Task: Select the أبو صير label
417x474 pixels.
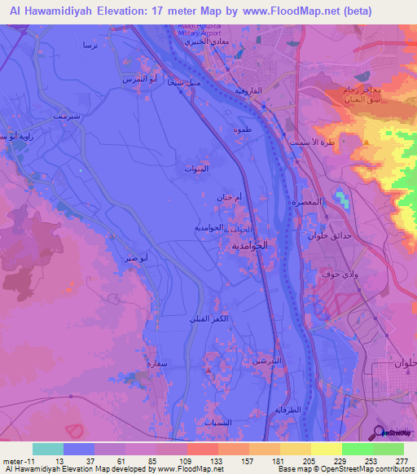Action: tap(137, 258)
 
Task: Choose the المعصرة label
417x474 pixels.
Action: tap(331, 201)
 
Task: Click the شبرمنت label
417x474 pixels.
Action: tap(68, 116)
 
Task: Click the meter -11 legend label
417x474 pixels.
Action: tap(20, 460)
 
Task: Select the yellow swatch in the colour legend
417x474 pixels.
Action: tap(325, 449)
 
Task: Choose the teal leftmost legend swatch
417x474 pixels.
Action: tap(48, 449)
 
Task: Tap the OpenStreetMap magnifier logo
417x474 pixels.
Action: tap(379, 432)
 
